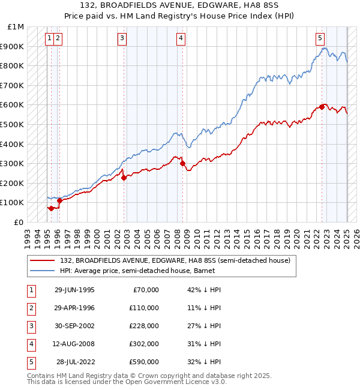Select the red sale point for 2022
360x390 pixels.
coord(322,107)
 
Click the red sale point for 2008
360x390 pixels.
coord(182,163)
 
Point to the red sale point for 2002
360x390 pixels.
coord(124,178)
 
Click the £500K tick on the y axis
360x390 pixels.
coord(15,124)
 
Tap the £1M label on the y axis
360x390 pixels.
coord(16,27)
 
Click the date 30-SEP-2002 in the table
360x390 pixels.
coord(74,326)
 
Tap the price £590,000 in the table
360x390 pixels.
coord(144,362)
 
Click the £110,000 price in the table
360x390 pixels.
coord(144,308)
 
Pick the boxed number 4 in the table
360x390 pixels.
coord(30,344)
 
